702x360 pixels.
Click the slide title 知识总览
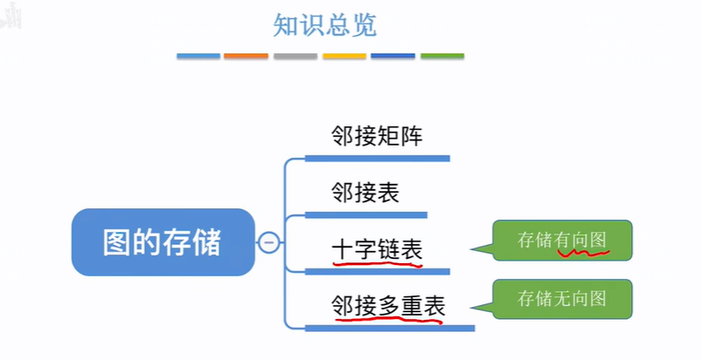(x=324, y=25)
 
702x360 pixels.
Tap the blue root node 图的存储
(x=162, y=241)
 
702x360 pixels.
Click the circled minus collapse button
(x=269, y=242)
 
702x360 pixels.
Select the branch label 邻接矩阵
(x=377, y=136)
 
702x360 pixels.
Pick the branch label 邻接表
(x=365, y=192)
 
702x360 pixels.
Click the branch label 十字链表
(x=377, y=249)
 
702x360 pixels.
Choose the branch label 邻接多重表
(x=388, y=305)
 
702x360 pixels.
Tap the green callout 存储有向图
(x=562, y=241)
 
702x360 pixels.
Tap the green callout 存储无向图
(x=562, y=299)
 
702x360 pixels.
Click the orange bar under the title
(x=246, y=56)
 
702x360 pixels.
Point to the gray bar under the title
(x=295, y=56)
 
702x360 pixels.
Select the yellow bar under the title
(x=344, y=56)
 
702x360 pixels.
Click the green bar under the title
(x=442, y=56)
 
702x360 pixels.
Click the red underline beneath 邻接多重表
(x=388, y=318)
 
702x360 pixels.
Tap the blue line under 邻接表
(x=366, y=214)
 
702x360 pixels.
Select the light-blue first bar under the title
(x=198, y=56)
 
